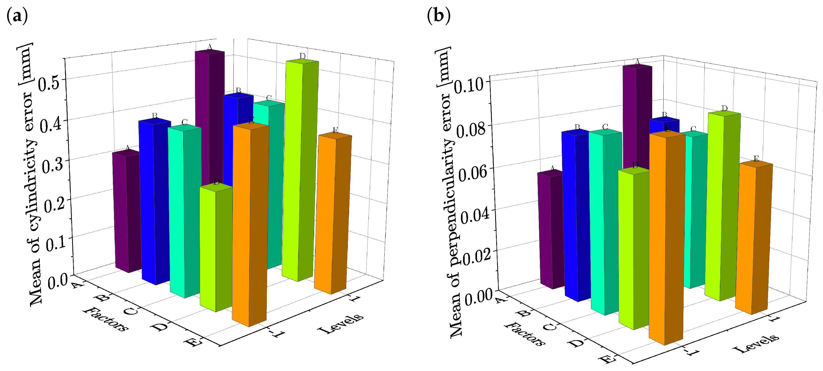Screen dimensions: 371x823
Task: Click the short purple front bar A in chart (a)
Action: pos(127,211)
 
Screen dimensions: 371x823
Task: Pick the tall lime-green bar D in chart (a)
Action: pos(300,169)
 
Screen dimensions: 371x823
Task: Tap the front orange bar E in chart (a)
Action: pos(250,224)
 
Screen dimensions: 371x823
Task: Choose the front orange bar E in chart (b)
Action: pos(666,237)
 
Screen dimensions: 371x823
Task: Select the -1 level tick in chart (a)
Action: pos(276,333)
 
